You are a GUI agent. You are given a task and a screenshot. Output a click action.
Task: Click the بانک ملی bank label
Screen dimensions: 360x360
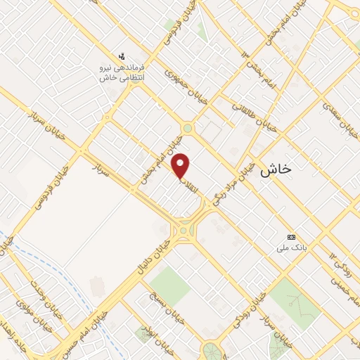291,247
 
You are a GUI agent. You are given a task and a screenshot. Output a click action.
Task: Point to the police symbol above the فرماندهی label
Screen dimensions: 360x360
121,56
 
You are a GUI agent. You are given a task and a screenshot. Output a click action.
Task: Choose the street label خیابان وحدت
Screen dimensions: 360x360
45,297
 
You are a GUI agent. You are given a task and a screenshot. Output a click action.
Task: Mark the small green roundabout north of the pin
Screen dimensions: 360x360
188,128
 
